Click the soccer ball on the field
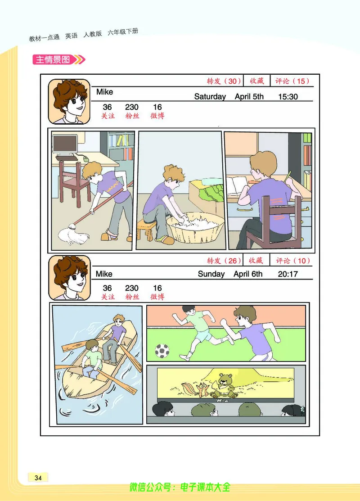(162, 351)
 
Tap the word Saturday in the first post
(210, 96)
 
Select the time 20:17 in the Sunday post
(288, 274)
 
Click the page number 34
(38, 478)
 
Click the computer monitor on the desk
(65, 145)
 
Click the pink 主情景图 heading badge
(59, 59)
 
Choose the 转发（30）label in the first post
(224, 81)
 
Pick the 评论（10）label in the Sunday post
(293, 261)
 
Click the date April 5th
(249, 96)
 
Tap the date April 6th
(248, 274)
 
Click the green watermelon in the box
(211, 192)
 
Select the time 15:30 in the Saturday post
(288, 96)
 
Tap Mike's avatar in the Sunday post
(69, 278)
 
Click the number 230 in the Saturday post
(131, 107)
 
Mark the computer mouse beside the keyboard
(85, 158)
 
